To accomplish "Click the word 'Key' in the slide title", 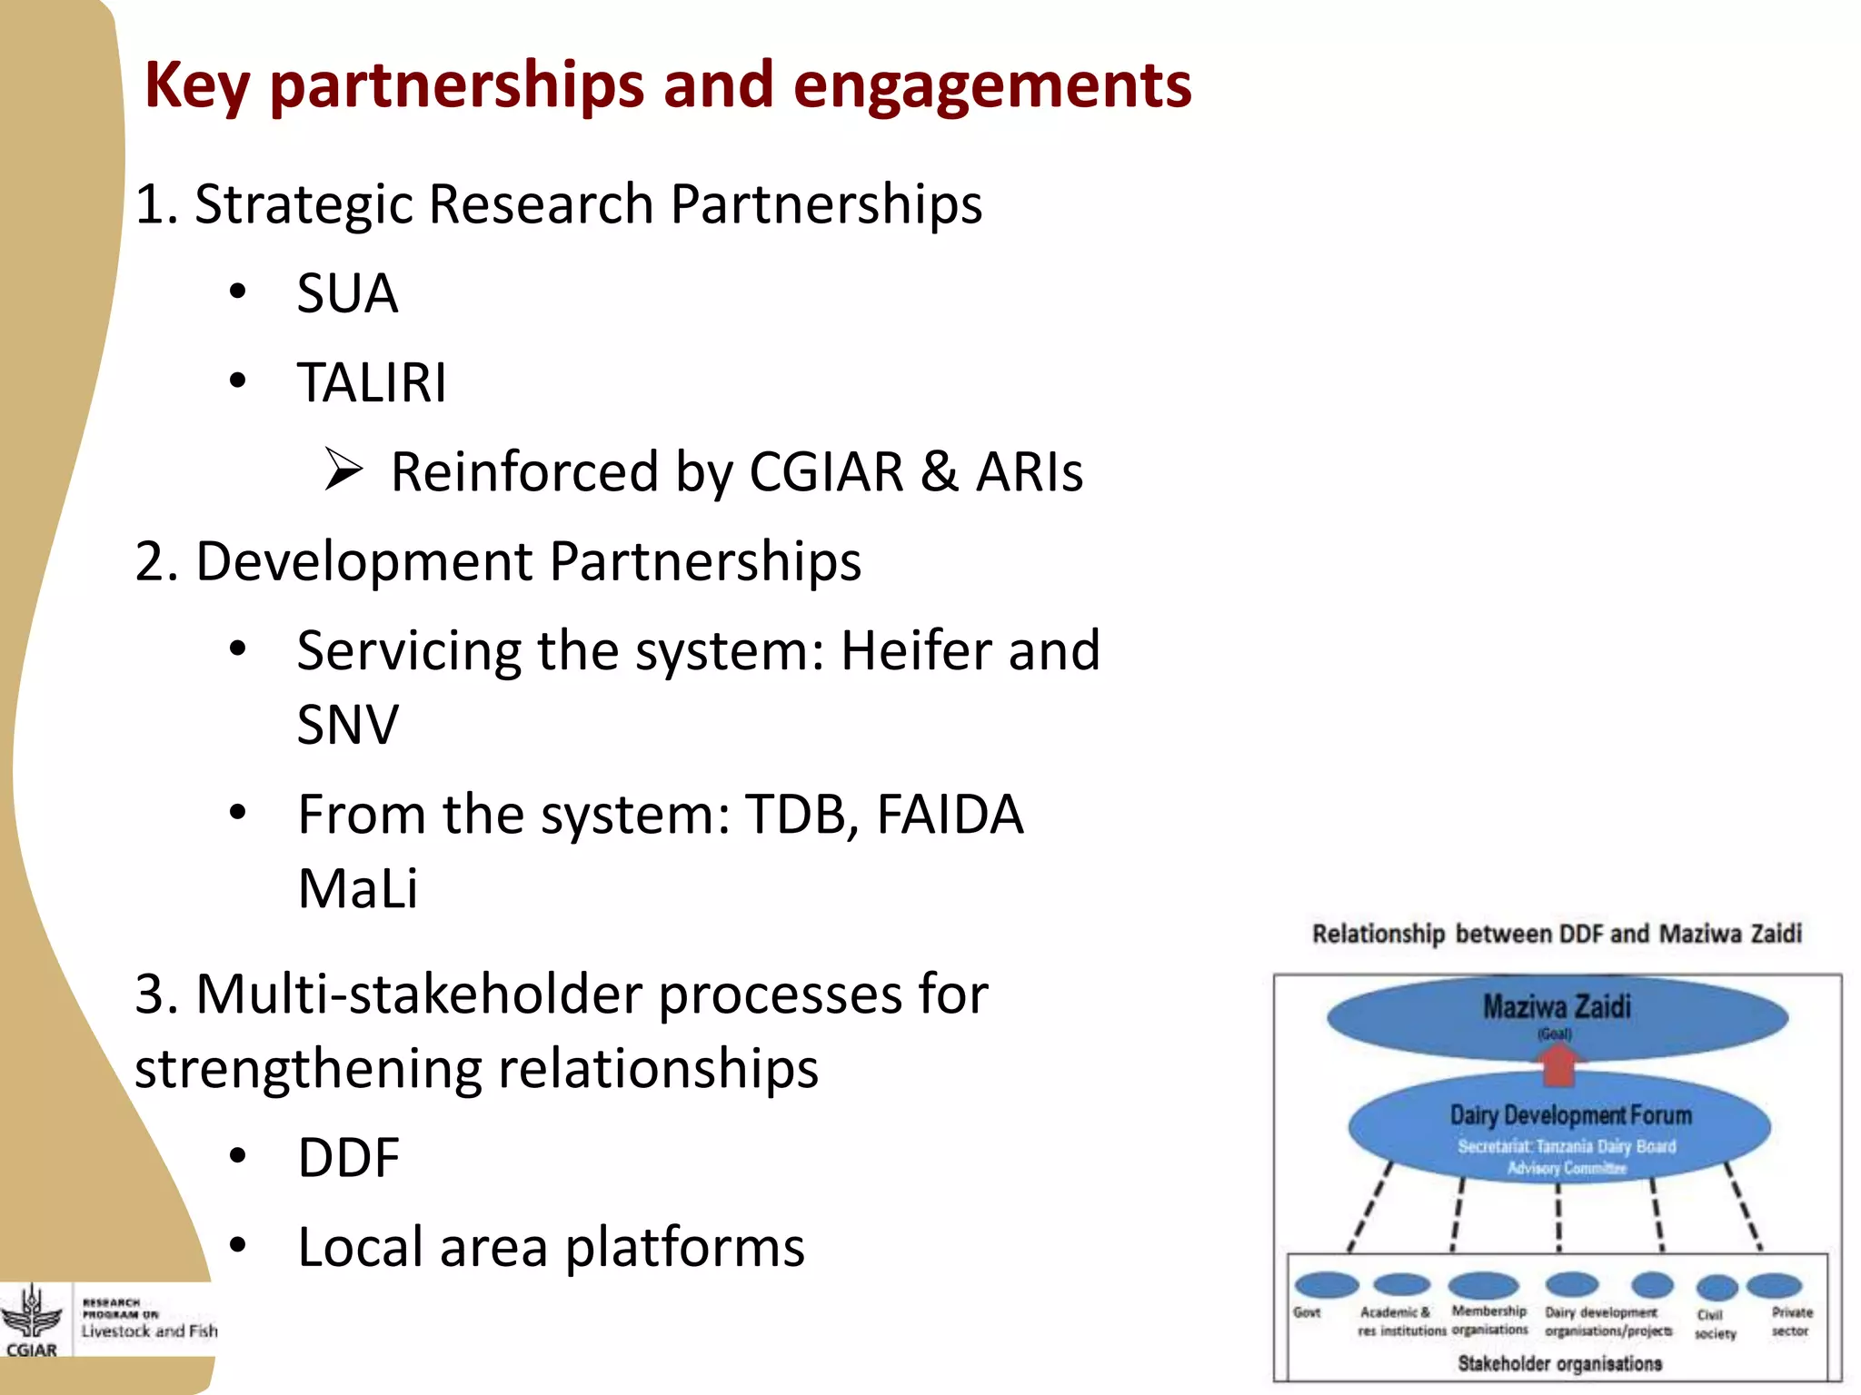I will point(196,86).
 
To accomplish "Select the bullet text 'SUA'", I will point(347,293).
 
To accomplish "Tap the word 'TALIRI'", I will point(372,382).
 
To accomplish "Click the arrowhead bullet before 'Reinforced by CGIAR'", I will point(343,470).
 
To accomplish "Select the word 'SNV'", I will point(347,725).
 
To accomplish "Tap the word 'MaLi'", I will point(358,888).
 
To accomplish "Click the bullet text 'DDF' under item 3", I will point(348,1157).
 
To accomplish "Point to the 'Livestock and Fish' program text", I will point(149,1331).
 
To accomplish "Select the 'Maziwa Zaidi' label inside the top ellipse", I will point(1557,1006).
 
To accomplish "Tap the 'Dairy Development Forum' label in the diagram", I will point(1570,1114).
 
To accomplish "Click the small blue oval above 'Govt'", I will point(1326,1284).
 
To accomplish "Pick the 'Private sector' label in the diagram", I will point(1791,1321).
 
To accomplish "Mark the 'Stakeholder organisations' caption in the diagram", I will point(1559,1363).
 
